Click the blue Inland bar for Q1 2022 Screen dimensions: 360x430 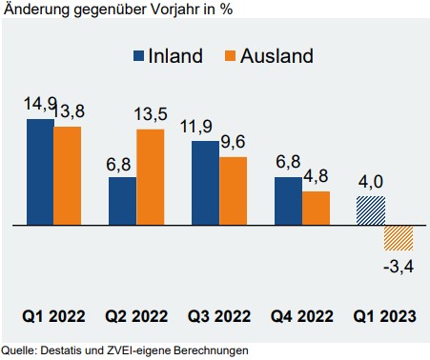[40, 172]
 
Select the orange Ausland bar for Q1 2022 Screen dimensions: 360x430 [68, 176]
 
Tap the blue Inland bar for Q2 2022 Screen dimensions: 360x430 [123, 201]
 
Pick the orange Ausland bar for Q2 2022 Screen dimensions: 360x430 [151, 177]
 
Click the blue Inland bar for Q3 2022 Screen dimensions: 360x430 [205, 183]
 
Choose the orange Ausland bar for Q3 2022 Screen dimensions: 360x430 [233, 191]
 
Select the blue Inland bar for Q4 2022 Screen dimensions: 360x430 [288, 201]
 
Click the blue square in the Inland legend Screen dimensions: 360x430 [138, 55]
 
